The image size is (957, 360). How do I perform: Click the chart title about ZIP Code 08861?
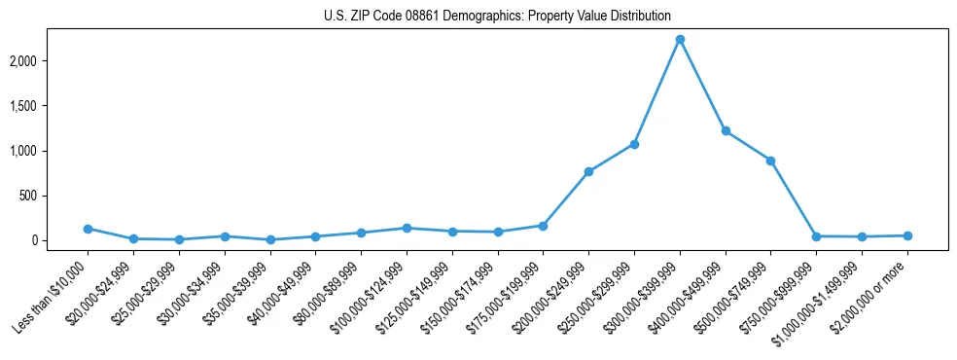tap(497, 16)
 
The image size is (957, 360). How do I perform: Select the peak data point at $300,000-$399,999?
tap(680, 40)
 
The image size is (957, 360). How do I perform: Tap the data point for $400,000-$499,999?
tap(726, 130)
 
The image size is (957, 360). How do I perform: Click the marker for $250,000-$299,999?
tap(634, 144)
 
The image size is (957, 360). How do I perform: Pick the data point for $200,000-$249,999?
tap(588, 171)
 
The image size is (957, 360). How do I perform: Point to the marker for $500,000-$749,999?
tap(770, 161)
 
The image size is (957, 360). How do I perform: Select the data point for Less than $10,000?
tap(88, 229)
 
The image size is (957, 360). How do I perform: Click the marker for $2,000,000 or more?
tap(907, 235)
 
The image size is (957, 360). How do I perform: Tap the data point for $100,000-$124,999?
tap(407, 228)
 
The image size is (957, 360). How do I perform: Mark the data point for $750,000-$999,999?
tap(816, 236)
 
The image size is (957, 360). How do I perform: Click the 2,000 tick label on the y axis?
tap(50, 61)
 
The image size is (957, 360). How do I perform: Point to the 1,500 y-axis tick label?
tap(50, 106)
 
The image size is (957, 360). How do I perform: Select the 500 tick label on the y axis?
tap(55, 196)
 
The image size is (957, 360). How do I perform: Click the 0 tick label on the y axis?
tap(60, 240)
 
